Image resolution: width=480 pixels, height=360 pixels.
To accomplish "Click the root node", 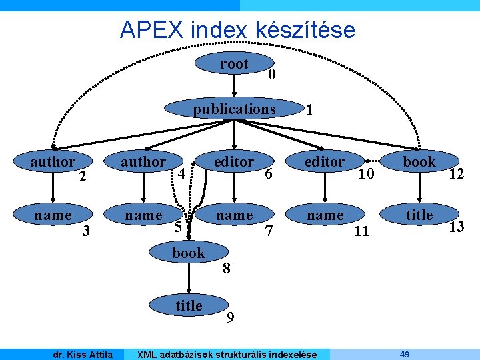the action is pyautogui.click(x=234, y=65).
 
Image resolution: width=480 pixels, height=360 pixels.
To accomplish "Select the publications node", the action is pyautogui.click(x=234, y=109).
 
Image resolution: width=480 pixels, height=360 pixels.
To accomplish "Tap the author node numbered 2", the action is pyautogui.click(x=53, y=162).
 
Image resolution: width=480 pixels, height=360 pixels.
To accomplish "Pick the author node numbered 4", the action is pyautogui.click(x=143, y=162).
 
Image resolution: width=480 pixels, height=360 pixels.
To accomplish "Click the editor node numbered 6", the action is pyautogui.click(x=234, y=162).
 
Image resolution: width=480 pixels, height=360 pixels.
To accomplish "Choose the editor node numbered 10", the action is pyautogui.click(x=325, y=162).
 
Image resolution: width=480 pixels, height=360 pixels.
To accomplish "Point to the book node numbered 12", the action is pyautogui.click(x=419, y=162).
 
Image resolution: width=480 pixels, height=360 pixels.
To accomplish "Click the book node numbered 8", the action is pyautogui.click(x=189, y=253).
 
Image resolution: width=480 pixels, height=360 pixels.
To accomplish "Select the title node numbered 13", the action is pyautogui.click(x=419, y=215).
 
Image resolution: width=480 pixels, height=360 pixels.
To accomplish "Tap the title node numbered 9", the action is pyautogui.click(x=189, y=305).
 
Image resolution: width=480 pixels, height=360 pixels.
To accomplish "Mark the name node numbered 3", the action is pyautogui.click(x=53, y=215).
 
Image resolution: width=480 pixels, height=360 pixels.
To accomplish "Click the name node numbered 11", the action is pyautogui.click(x=325, y=215).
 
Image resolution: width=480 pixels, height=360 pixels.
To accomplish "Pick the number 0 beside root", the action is pyautogui.click(x=271, y=75).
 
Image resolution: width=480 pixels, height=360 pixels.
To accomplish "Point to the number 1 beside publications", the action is pyautogui.click(x=309, y=111).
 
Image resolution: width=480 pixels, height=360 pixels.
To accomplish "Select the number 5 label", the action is pyautogui.click(x=177, y=227).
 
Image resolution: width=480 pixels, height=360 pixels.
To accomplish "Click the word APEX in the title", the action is pyautogui.click(x=151, y=29).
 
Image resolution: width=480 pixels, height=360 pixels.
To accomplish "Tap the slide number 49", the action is pyautogui.click(x=404, y=353).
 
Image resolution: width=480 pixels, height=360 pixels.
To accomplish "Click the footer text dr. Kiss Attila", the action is pyautogui.click(x=83, y=354).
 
